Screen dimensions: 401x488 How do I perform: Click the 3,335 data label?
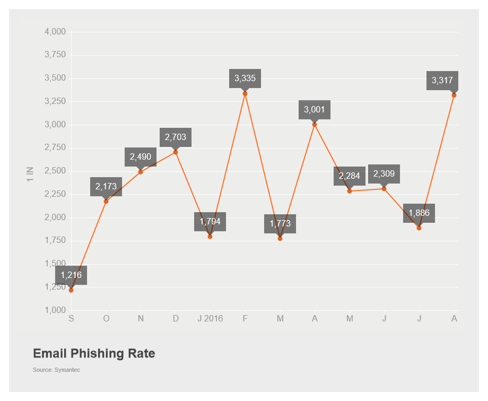245,79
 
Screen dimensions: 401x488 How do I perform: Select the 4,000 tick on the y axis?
55,32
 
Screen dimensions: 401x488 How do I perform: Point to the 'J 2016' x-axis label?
210,318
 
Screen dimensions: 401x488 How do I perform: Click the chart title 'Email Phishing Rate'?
94,354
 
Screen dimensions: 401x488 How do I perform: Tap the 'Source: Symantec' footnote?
56,370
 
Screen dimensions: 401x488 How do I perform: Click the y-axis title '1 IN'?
30,175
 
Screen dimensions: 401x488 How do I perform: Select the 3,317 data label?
442,81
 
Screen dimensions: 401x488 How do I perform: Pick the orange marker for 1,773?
280,239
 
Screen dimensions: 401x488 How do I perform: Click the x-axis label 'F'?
245,318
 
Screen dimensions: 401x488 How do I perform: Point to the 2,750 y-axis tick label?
55,147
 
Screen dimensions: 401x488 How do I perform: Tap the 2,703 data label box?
176,137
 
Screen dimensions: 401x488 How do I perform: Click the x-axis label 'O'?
106,318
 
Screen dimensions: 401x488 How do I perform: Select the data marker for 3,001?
315,125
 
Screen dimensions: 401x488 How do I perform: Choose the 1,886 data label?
419,213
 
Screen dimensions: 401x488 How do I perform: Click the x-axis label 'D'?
176,318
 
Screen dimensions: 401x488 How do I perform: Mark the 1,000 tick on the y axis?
55,310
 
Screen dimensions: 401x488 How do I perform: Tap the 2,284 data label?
350,176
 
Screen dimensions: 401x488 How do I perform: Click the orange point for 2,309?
384,189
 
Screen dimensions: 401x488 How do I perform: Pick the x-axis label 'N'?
141,318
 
